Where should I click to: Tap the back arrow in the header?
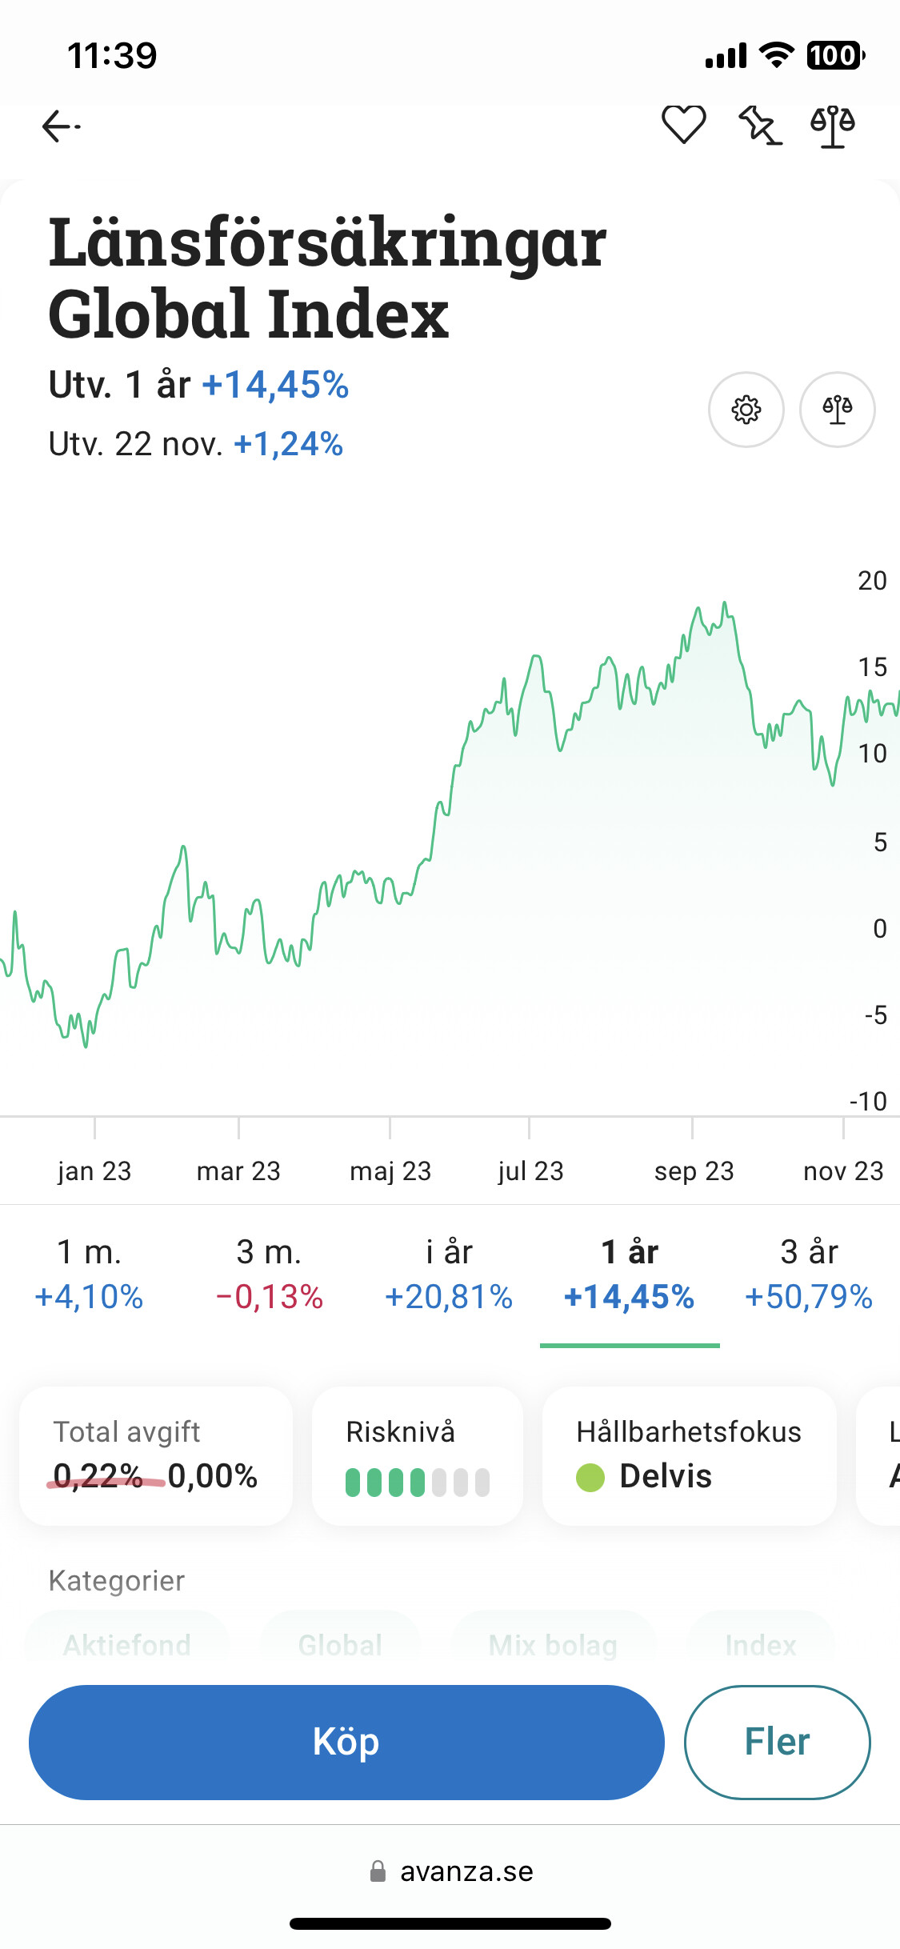61,126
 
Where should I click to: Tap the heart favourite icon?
683,125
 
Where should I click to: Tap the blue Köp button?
346,1742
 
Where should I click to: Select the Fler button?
777,1742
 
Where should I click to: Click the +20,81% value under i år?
449,1297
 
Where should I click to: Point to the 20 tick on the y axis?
872,581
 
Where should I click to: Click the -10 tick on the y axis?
868,1102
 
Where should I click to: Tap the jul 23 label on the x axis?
530,1171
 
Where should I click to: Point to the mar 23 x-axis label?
238,1171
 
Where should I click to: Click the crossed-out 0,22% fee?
98,1476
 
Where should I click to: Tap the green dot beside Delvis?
590,1477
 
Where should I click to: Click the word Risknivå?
400,1432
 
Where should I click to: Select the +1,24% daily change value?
288,444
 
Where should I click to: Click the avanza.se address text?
466,1871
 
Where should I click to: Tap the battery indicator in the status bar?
834,55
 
